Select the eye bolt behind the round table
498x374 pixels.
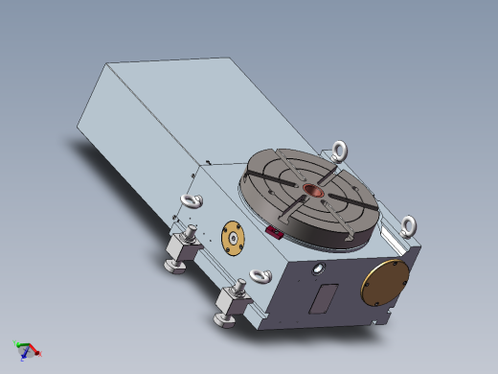pos(338,150)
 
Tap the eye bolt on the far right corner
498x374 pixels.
pos(410,225)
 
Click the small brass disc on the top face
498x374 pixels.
pos(231,238)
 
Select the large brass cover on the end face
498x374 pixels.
pos(384,281)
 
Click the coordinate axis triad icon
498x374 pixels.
pos(26,350)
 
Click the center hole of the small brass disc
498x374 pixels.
pos(231,238)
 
